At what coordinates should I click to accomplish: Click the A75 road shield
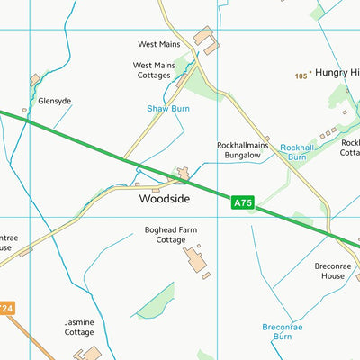(x=243, y=203)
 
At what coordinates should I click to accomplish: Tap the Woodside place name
(x=164, y=198)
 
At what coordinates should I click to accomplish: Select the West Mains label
(x=159, y=43)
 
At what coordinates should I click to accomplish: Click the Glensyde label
(x=54, y=102)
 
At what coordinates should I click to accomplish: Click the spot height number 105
(x=301, y=76)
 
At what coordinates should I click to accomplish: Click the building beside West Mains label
(x=205, y=37)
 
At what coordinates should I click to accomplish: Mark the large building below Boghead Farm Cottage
(x=195, y=260)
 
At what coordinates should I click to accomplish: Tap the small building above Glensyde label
(x=34, y=81)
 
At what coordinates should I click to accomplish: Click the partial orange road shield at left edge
(x=5, y=309)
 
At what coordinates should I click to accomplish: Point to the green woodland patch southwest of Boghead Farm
(x=154, y=301)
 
